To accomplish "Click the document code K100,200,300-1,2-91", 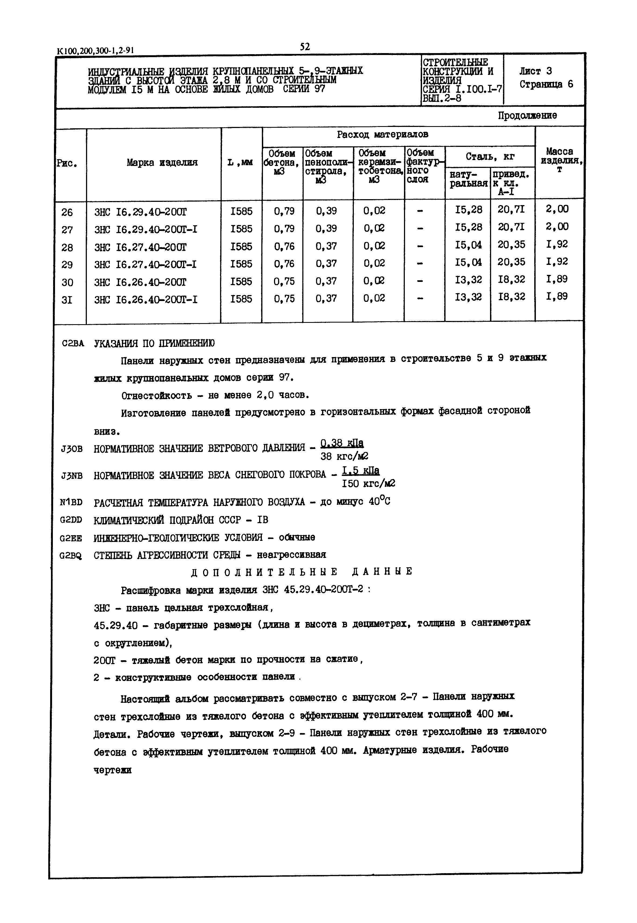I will [95, 51].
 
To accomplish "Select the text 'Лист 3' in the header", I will [535, 71].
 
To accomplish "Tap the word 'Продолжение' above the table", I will [527, 116].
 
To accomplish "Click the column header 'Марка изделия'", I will [162, 162].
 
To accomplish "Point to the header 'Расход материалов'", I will [382, 134].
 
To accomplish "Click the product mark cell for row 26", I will [140, 212].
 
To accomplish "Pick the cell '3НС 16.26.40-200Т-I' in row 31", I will [146, 300].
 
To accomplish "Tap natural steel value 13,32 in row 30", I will [468, 280].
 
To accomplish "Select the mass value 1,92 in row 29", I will [557, 262].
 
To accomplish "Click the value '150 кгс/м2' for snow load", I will [368, 483].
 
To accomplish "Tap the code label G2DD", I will [71, 520].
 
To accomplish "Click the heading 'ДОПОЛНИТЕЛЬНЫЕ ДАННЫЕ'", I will [302, 572].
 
